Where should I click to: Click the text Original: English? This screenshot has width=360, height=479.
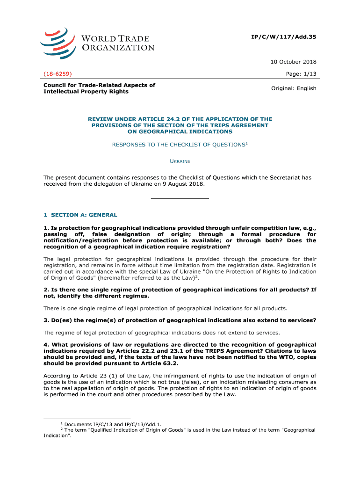(x=294, y=88)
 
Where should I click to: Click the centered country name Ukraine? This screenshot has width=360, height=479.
(x=180, y=161)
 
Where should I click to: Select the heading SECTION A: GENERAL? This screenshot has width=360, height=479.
(x=84, y=215)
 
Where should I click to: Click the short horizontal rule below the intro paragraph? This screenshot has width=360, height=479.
(x=180, y=199)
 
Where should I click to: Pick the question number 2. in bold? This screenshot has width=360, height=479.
(x=46, y=290)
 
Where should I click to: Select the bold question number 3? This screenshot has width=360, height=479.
(x=46, y=320)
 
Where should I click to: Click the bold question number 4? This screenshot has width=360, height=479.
(x=46, y=345)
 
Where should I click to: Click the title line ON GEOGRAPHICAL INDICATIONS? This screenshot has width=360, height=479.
(x=180, y=132)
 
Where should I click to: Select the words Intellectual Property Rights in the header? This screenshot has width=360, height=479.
(x=86, y=92)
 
